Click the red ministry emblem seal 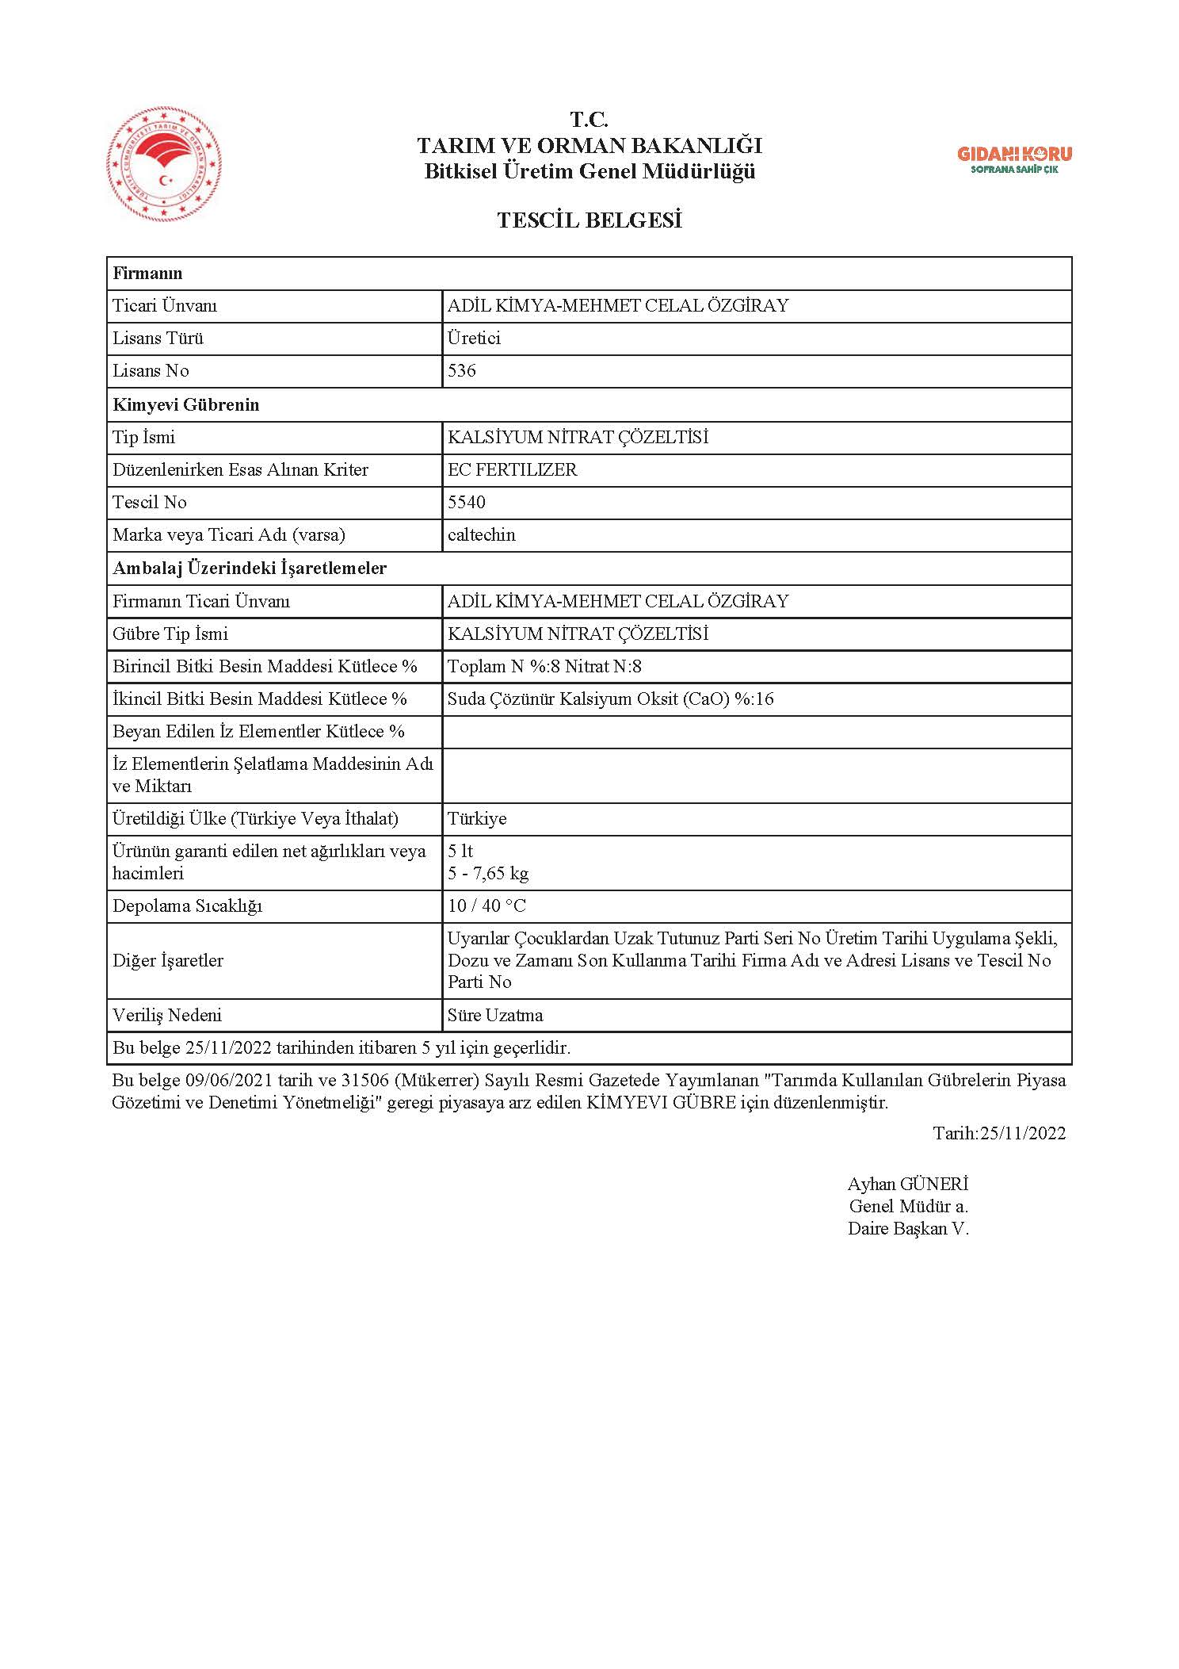[x=164, y=167]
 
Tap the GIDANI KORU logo [x=1014, y=159]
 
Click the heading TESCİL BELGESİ [x=589, y=220]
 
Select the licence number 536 [x=462, y=371]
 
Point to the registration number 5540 [x=467, y=502]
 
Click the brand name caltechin [x=482, y=535]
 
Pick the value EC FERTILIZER [x=513, y=469]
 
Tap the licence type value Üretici [x=474, y=339]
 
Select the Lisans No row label [x=151, y=371]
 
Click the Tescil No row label [x=150, y=502]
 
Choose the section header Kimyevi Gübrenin [x=186, y=404]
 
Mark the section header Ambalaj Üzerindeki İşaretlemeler [x=250, y=568]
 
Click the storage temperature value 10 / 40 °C [x=486, y=906]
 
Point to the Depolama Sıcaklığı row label [x=187, y=906]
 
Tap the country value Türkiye [x=477, y=819]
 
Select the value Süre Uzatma [x=495, y=1016]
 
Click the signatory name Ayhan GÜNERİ [x=908, y=1185]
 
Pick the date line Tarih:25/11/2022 [x=999, y=1133]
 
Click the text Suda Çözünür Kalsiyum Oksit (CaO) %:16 [x=611, y=699]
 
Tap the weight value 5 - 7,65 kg [x=488, y=874]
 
